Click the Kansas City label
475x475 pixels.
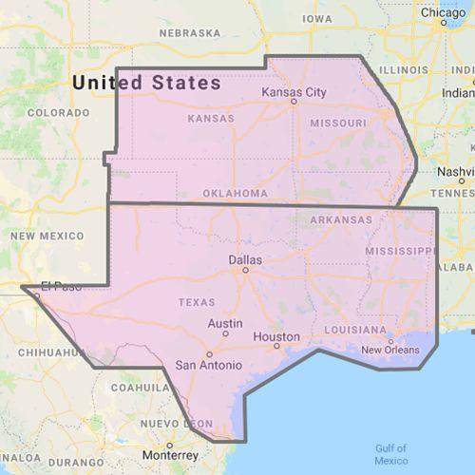click(x=294, y=92)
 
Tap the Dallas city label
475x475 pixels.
click(x=244, y=257)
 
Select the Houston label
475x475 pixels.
click(x=277, y=337)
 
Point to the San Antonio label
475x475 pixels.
click(x=208, y=364)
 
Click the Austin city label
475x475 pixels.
click(x=225, y=323)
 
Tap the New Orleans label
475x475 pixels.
click(x=389, y=350)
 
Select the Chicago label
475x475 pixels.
click(x=444, y=13)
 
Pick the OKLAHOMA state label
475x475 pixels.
click(x=234, y=193)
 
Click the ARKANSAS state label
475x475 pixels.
click(x=340, y=219)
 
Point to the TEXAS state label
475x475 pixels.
click(x=197, y=302)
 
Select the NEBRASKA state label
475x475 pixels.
click(x=189, y=32)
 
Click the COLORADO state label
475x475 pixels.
click(x=57, y=112)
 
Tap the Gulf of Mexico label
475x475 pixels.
click(x=390, y=453)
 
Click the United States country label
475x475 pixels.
click(x=146, y=83)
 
